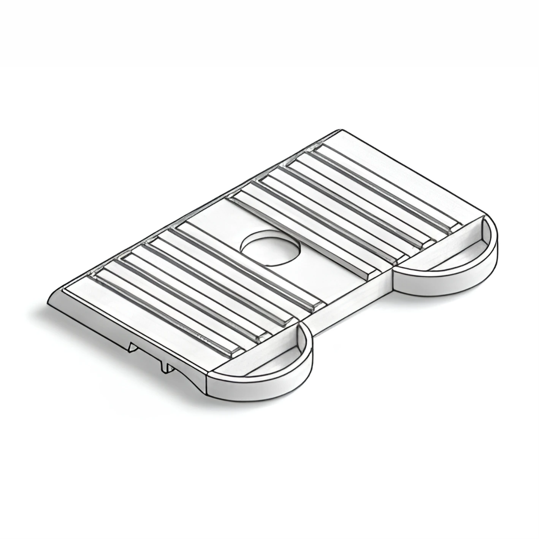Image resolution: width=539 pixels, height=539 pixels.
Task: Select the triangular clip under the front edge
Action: coord(133,347)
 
